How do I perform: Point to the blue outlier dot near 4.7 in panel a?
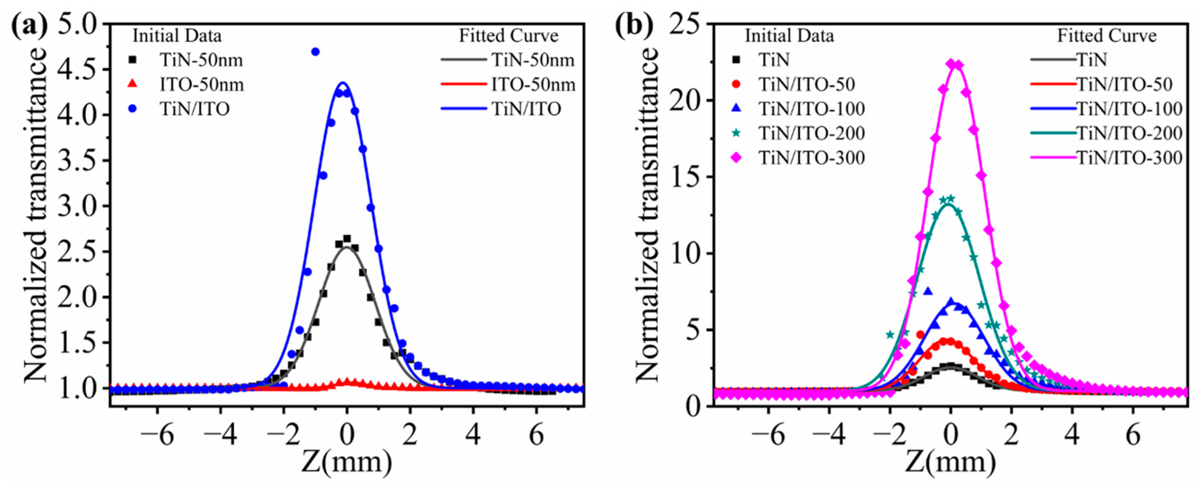tap(315, 52)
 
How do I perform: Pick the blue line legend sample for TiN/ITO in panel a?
tap(463, 109)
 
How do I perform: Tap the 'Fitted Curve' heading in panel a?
tap(509, 36)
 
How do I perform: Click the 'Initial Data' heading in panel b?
tap(790, 36)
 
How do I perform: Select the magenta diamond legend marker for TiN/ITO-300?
tap(736, 158)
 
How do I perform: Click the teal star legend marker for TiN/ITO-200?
tap(736, 133)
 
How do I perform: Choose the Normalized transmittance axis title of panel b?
tap(647, 214)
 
